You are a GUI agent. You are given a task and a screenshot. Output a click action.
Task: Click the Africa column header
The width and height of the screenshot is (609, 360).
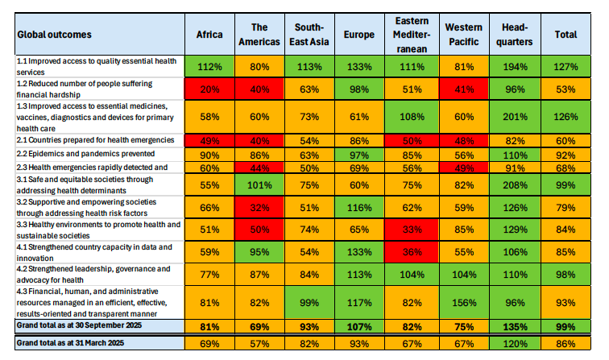point(209,35)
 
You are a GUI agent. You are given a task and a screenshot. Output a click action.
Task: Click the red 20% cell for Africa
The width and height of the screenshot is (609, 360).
point(209,89)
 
